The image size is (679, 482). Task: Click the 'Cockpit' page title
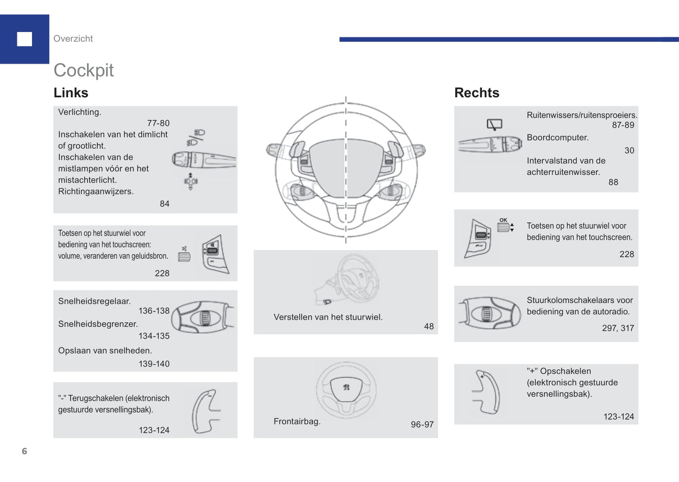coord(84,70)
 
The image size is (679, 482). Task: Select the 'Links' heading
coord(71,93)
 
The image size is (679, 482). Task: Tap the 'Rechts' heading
coord(476,93)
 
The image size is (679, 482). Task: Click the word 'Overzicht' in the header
coord(73,39)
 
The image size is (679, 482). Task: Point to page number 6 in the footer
coord(24,451)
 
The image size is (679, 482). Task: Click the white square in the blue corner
coord(24,39)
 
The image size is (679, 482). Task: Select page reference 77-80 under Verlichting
coord(158,123)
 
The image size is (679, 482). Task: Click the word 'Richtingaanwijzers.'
coord(96,191)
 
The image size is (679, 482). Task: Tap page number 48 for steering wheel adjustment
coord(429,326)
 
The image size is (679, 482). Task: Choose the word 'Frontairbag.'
coord(297,421)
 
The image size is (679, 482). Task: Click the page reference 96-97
coord(422,424)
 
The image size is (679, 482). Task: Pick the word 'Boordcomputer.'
coord(557,138)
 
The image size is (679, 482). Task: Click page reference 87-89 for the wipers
coord(623,125)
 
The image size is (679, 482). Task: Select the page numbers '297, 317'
coord(617,328)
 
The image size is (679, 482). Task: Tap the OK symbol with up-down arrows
coord(505,225)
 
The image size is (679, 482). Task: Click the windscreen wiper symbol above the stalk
coord(494,124)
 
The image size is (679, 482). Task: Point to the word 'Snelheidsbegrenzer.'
coord(98,324)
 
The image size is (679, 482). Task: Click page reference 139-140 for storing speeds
coord(154,364)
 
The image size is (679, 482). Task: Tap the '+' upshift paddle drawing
coord(487,392)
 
